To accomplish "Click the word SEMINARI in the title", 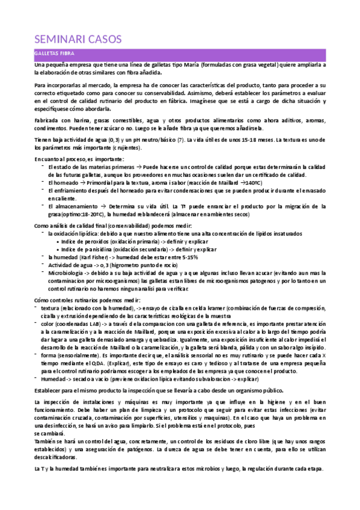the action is click(x=58, y=40).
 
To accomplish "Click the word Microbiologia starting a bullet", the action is click(x=66, y=272).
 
